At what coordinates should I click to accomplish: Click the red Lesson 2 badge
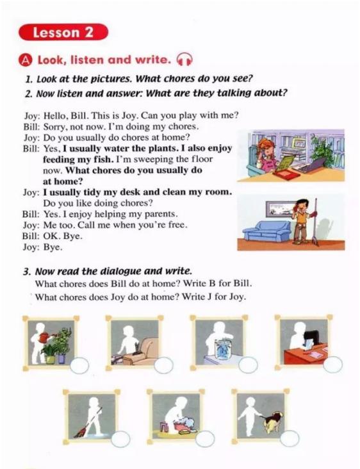[63, 32]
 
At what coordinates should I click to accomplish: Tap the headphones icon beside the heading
[184, 60]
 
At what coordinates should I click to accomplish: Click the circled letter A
[26, 60]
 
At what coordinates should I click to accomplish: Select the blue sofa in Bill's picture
[266, 231]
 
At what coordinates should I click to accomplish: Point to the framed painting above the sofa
[280, 208]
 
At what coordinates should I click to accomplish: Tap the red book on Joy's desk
[286, 174]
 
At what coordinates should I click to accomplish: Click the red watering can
[45, 337]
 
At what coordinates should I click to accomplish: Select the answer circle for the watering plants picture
[79, 365]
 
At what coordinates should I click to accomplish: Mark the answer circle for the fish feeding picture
[248, 365]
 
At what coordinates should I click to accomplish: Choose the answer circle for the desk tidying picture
[333, 365]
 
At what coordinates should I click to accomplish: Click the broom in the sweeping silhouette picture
[88, 422]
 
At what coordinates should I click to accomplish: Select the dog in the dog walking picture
[272, 421]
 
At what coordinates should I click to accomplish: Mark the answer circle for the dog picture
[290, 438]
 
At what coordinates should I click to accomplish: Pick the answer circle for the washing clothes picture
[205, 439]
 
